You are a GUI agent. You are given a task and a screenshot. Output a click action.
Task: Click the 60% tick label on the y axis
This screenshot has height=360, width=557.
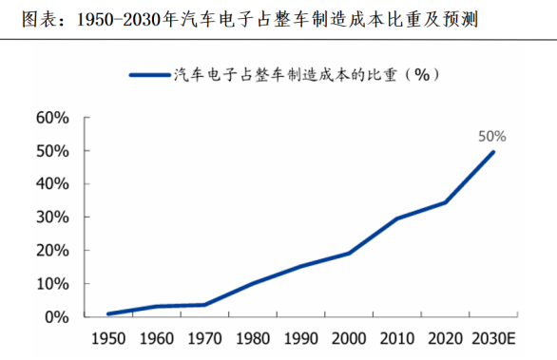[x=52, y=118]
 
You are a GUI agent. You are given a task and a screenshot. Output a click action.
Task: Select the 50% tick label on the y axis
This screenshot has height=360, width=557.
[x=52, y=151]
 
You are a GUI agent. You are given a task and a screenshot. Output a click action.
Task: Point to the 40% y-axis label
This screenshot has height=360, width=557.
[x=52, y=184]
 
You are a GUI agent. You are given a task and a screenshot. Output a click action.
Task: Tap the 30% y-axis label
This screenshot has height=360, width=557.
[x=52, y=217]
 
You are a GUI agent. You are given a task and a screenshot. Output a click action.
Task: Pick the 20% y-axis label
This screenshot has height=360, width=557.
[x=52, y=251]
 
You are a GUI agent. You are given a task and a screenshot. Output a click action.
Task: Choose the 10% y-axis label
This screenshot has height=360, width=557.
[x=52, y=284]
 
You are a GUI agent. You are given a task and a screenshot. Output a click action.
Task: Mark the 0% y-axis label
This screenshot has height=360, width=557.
[x=57, y=317]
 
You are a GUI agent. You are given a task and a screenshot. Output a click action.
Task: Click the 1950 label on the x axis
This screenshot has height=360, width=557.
[x=108, y=339]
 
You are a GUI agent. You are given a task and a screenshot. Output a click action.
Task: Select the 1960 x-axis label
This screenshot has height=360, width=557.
[x=157, y=339]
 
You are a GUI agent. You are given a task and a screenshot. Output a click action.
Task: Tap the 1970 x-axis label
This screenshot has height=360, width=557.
[x=204, y=339]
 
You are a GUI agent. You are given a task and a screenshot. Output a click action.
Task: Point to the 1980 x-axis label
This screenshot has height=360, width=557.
[x=253, y=339]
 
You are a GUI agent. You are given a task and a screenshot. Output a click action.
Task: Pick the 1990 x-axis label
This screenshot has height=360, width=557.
[x=301, y=339]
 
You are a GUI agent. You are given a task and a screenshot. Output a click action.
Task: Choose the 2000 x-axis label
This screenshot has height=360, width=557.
[x=349, y=339]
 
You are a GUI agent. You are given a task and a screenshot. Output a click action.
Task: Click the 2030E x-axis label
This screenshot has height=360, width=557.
[x=493, y=339]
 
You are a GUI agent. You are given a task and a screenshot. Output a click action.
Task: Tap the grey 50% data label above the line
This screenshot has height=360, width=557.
[x=492, y=137]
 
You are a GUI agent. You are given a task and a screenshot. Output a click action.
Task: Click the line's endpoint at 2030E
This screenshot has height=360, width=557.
[x=492, y=152]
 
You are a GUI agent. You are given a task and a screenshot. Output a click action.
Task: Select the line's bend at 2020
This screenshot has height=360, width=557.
[x=445, y=202]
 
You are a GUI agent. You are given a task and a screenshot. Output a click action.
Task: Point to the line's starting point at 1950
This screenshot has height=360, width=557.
[x=108, y=313]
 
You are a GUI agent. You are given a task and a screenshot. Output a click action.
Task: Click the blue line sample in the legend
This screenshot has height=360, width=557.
[x=150, y=75]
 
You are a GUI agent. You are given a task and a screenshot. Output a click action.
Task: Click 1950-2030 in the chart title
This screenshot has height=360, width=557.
[x=119, y=20]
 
